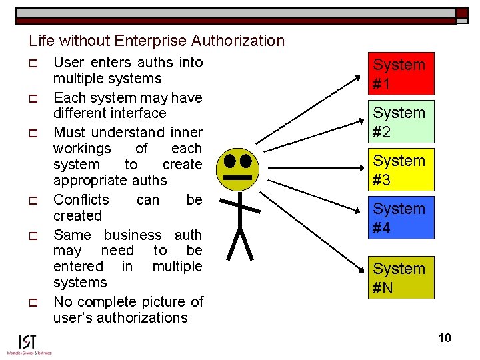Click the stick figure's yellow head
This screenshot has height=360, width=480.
237,169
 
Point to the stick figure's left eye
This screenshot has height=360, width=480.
230,161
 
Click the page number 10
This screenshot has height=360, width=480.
445,338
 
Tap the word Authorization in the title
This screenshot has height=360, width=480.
238,41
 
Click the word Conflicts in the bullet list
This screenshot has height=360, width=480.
81,200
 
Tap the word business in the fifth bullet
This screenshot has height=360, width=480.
132,235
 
